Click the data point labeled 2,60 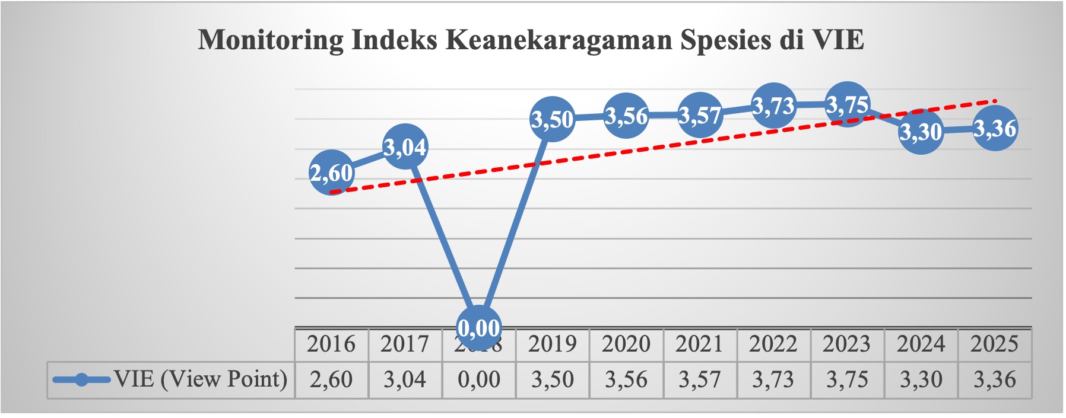coord(332,173)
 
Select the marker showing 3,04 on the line coord(405,146)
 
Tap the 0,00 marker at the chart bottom coord(478,327)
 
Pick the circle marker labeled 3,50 coord(553,119)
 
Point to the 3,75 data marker coord(847,104)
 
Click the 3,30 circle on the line coord(921,132)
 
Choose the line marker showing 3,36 coord(995,128)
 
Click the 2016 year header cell coord(331,344)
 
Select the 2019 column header coord(553,344)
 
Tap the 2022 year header coord(773,344)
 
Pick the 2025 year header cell coord(995,344)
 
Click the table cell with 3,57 coord(700,379)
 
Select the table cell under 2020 coord(626,379)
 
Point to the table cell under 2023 coord(847,379)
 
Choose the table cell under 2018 coord(478,379)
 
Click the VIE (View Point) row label coord(201,379)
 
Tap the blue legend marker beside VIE coord(81,379)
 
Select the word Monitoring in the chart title coord(270,40)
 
